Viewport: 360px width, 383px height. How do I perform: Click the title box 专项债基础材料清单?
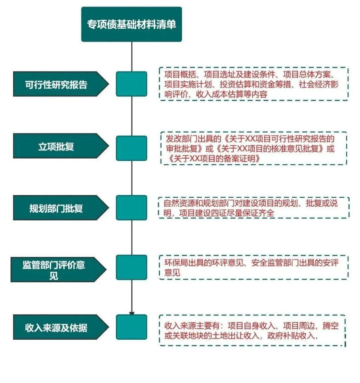pyautogui.click(x=132, y=24)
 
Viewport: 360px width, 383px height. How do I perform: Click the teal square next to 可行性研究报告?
pyautogui.click(x=132, y=84)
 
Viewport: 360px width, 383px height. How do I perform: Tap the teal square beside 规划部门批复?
pyautogui.click(x=132, y=208)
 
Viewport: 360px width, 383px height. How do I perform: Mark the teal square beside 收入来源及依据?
pyautogui.click(x=132, y=327)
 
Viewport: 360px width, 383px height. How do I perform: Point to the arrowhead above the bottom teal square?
pyautogui.click(x=132, y=313)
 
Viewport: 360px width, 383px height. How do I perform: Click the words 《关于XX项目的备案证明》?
pyautogui.click(x=215, y=159)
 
